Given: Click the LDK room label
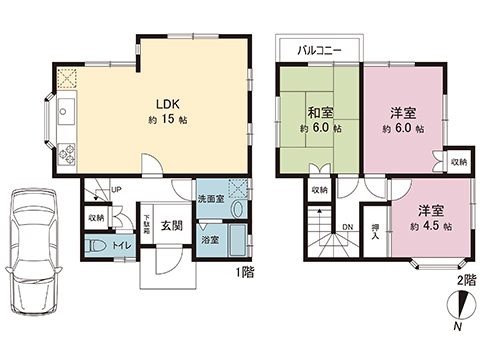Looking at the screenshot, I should pyautogui.click(x=166, y=103).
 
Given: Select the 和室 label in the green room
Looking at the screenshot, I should pyautogui.click(x=320, y=111).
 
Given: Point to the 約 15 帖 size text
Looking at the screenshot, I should pyautogui.click(x=166, y=120).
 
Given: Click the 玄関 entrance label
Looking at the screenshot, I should pyautogui.click(x=171, y=226).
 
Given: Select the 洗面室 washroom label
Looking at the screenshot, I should pyautogui.click(x=210, y=196).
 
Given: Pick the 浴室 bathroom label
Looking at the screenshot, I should pyautogui.click(x=210, y=241).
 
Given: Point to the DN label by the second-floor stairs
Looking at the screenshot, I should pyautogui.click(x=347, y=227).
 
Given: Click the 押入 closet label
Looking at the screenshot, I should pyautogui.click(x=374, y=232).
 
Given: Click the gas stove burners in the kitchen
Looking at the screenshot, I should pyautogui.click(x=67, y=154).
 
